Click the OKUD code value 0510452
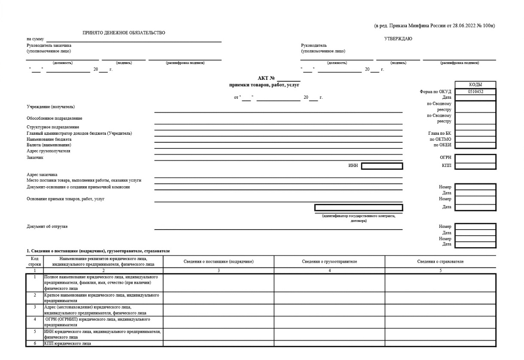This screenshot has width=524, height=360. click(475, 91)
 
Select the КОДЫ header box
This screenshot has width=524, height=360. click(475, 85)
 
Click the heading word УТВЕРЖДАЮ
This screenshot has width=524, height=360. click(398, 39)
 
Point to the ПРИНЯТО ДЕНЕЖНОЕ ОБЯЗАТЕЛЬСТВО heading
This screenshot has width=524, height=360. click(121, 33)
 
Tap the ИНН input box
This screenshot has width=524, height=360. click(382, 166)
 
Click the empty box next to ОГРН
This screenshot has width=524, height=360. click(475, 158)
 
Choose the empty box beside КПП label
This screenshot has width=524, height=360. click(475, 166)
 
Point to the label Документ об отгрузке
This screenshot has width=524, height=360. click(47, 226)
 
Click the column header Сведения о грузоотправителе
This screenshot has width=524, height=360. click(330, 261)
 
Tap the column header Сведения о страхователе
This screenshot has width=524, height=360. click(440, 261)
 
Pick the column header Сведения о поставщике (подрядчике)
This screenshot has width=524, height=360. click(218, 261)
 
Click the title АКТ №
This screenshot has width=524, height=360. click(266, 78)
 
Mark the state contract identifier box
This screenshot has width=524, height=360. click(358, 208)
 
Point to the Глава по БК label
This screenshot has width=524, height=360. click(437, 133)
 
